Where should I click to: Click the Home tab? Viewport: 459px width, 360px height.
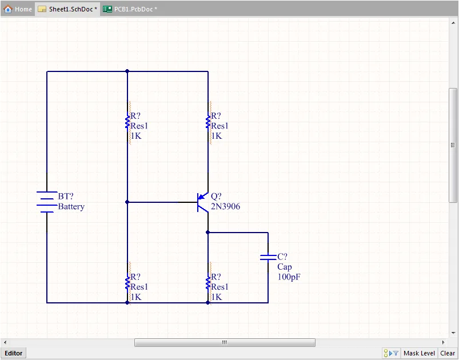(x=18, y=9)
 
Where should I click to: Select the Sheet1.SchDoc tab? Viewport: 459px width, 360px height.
(x=67, y=9)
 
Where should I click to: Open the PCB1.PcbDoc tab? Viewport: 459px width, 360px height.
(x=130, y=9)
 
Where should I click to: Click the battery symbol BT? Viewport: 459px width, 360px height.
(x=47, y=202)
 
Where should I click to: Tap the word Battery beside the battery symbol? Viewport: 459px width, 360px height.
(x=71, y=207)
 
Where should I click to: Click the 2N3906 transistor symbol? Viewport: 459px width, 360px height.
(x=202, y=202)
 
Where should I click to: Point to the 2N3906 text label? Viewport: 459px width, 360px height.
(x=225, y=207)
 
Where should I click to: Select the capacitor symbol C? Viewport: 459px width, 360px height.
(x=268, y=257)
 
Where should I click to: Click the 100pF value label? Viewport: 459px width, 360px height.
(x=289, y=277)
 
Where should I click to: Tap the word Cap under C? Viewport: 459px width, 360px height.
(x=285, y=267)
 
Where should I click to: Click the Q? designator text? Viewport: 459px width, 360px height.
(x=216, y=197)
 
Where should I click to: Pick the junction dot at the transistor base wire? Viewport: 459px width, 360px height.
(x=127, y=202)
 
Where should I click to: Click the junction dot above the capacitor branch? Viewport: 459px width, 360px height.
(x=208, y=233)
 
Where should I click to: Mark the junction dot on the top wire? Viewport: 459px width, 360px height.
(x=127, y=71)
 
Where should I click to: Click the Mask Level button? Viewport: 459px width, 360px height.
(x=419, y=353)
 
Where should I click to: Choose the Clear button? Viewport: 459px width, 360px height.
(x=448, y=353)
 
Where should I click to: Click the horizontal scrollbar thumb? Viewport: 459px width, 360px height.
(x=225, y=342)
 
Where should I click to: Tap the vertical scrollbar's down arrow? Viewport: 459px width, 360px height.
(x=453, y=333)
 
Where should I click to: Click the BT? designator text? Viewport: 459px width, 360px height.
(x=66, y=197)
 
